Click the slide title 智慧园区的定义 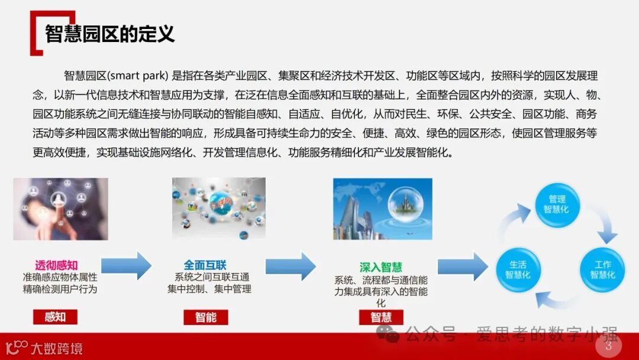pos(110,34)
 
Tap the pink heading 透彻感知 pos(57,265)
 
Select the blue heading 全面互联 pos(205,265)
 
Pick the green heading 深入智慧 pos(380,267)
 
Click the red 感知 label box pos(55,317)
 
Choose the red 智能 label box pos(206,317)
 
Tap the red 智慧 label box pos(381,317)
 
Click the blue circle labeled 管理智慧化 pos(557,204)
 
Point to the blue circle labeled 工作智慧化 pos(602,269)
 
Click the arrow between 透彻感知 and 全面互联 pos(127,266)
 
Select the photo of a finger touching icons pos(61,208)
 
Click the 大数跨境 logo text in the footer pos(57,348)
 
